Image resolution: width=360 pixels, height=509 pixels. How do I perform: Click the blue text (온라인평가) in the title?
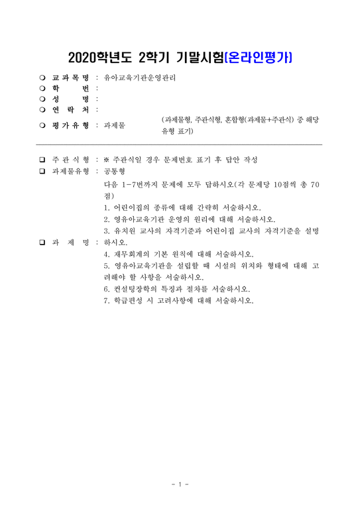pyautogui.click(x=260, y=57)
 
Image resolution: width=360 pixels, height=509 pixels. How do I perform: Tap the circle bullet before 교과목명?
pyautogui.click(x=42, y=78)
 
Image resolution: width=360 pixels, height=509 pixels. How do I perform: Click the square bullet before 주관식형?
pyautogui.click(x=42, y=160)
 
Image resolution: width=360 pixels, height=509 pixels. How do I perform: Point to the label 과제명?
pyautogui.click(x=72, y=242)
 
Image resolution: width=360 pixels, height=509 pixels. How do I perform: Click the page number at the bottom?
pyautogui.click(x=180, y=485)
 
